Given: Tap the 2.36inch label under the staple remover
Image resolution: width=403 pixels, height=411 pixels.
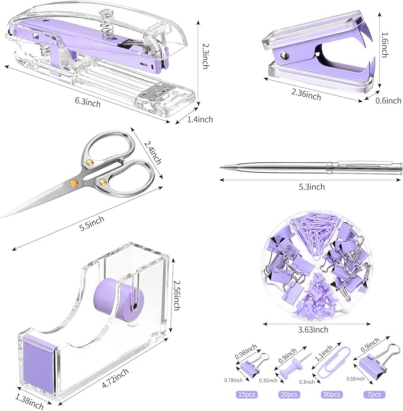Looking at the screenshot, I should (x=307, y=95).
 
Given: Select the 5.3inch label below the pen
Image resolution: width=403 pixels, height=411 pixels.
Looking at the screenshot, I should (x=310, y=187).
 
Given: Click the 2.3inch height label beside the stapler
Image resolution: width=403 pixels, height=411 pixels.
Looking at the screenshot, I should (x=205, y=55).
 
